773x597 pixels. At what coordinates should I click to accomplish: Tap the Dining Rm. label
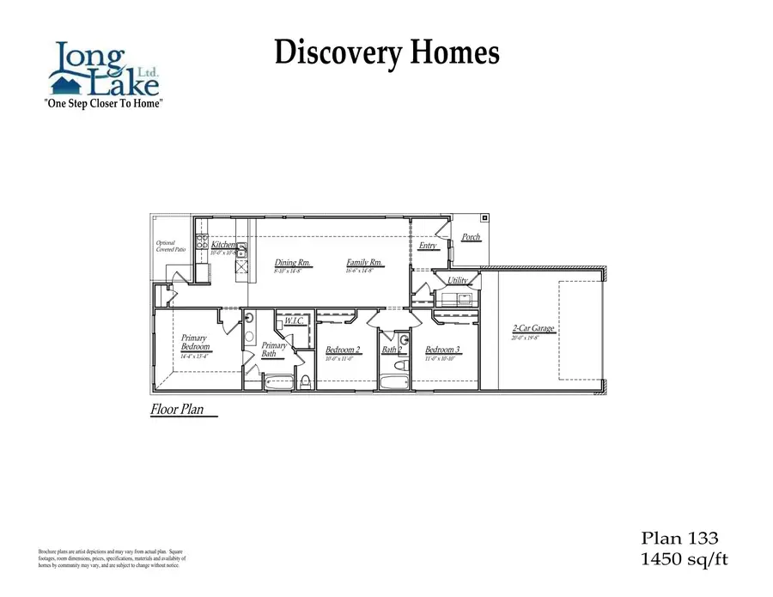tap(292, 263)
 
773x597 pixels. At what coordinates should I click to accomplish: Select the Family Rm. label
tap(364, 263)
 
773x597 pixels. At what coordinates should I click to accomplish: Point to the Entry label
tap(428, 246)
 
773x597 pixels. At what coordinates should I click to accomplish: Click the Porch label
tap(471, 237)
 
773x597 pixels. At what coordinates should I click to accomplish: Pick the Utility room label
tap(458, 280)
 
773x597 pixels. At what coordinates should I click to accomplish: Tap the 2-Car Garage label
tap(533, 328)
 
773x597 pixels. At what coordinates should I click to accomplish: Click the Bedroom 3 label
tap(443, 350)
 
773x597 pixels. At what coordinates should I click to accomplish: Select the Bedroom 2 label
tap(343, 350)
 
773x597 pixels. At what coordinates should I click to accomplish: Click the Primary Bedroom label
tap(194, 342)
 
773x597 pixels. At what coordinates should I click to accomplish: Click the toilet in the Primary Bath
tap(305, 381)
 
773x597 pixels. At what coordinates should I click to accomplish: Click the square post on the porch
tap(484, 217)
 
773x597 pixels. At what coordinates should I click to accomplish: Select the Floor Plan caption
tap(178, 410)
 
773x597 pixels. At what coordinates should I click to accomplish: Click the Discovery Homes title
tap(386, 53)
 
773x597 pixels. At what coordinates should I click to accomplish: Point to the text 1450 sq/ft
tap(685, 560)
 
